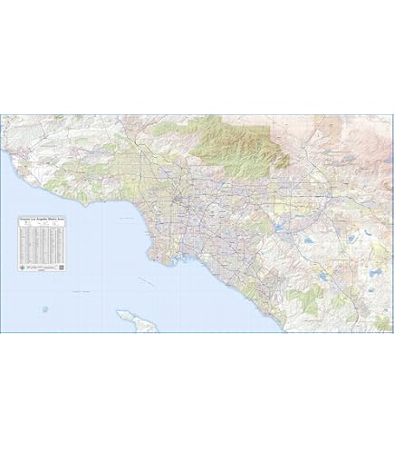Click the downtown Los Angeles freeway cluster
(x=182, y=197)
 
